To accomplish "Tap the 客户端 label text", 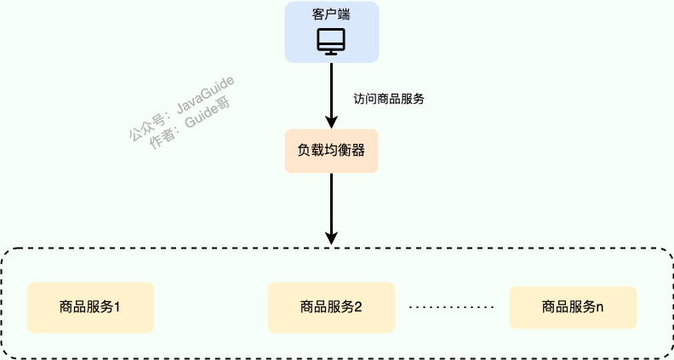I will tap(331, 15).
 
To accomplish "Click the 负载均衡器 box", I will tap(331, 151).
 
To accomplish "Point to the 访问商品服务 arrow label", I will tap(389, 99).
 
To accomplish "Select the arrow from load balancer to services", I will tap(331, 204).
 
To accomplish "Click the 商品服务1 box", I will tap(90, 307).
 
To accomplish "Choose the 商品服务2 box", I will tap(331, 307).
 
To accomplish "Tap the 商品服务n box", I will tap(573, 306).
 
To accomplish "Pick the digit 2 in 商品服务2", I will tap(358, 307).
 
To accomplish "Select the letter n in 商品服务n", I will tap(600, 306).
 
